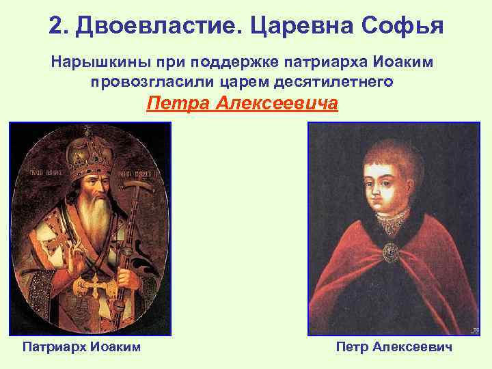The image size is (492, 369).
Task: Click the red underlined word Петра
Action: pos(178,104)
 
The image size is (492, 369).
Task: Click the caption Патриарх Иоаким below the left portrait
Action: pos(82,347)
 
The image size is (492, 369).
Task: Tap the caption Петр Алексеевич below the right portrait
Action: pos(394,347)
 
